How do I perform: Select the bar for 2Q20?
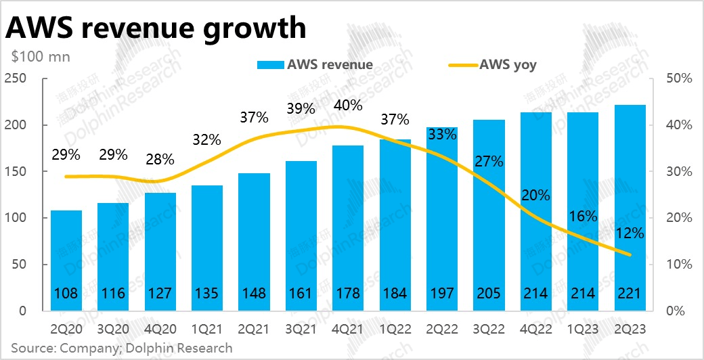coord(66,261)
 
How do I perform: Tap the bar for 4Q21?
coord(347,228)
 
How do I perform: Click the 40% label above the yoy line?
coord(347,106)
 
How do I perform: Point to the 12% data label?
coord(630,233)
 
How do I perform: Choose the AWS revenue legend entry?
coord(315,65)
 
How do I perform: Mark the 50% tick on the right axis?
coord(678,79)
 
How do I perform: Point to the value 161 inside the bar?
coord(301,293)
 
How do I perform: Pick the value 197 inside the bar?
coord(441,293)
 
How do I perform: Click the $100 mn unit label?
coord(41,57)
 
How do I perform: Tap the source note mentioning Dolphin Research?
coord(121,348)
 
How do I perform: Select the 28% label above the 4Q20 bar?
coord(160,160)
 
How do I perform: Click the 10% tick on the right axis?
coord(678,265)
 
